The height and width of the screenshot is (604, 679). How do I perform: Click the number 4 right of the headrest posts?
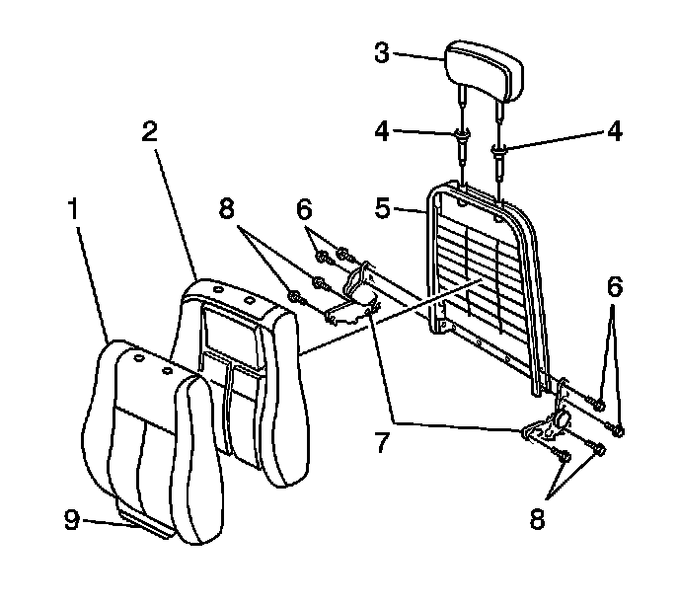point(615,131)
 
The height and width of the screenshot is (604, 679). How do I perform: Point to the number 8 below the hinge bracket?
point(536,519)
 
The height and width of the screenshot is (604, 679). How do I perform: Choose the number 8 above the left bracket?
point(228,209)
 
